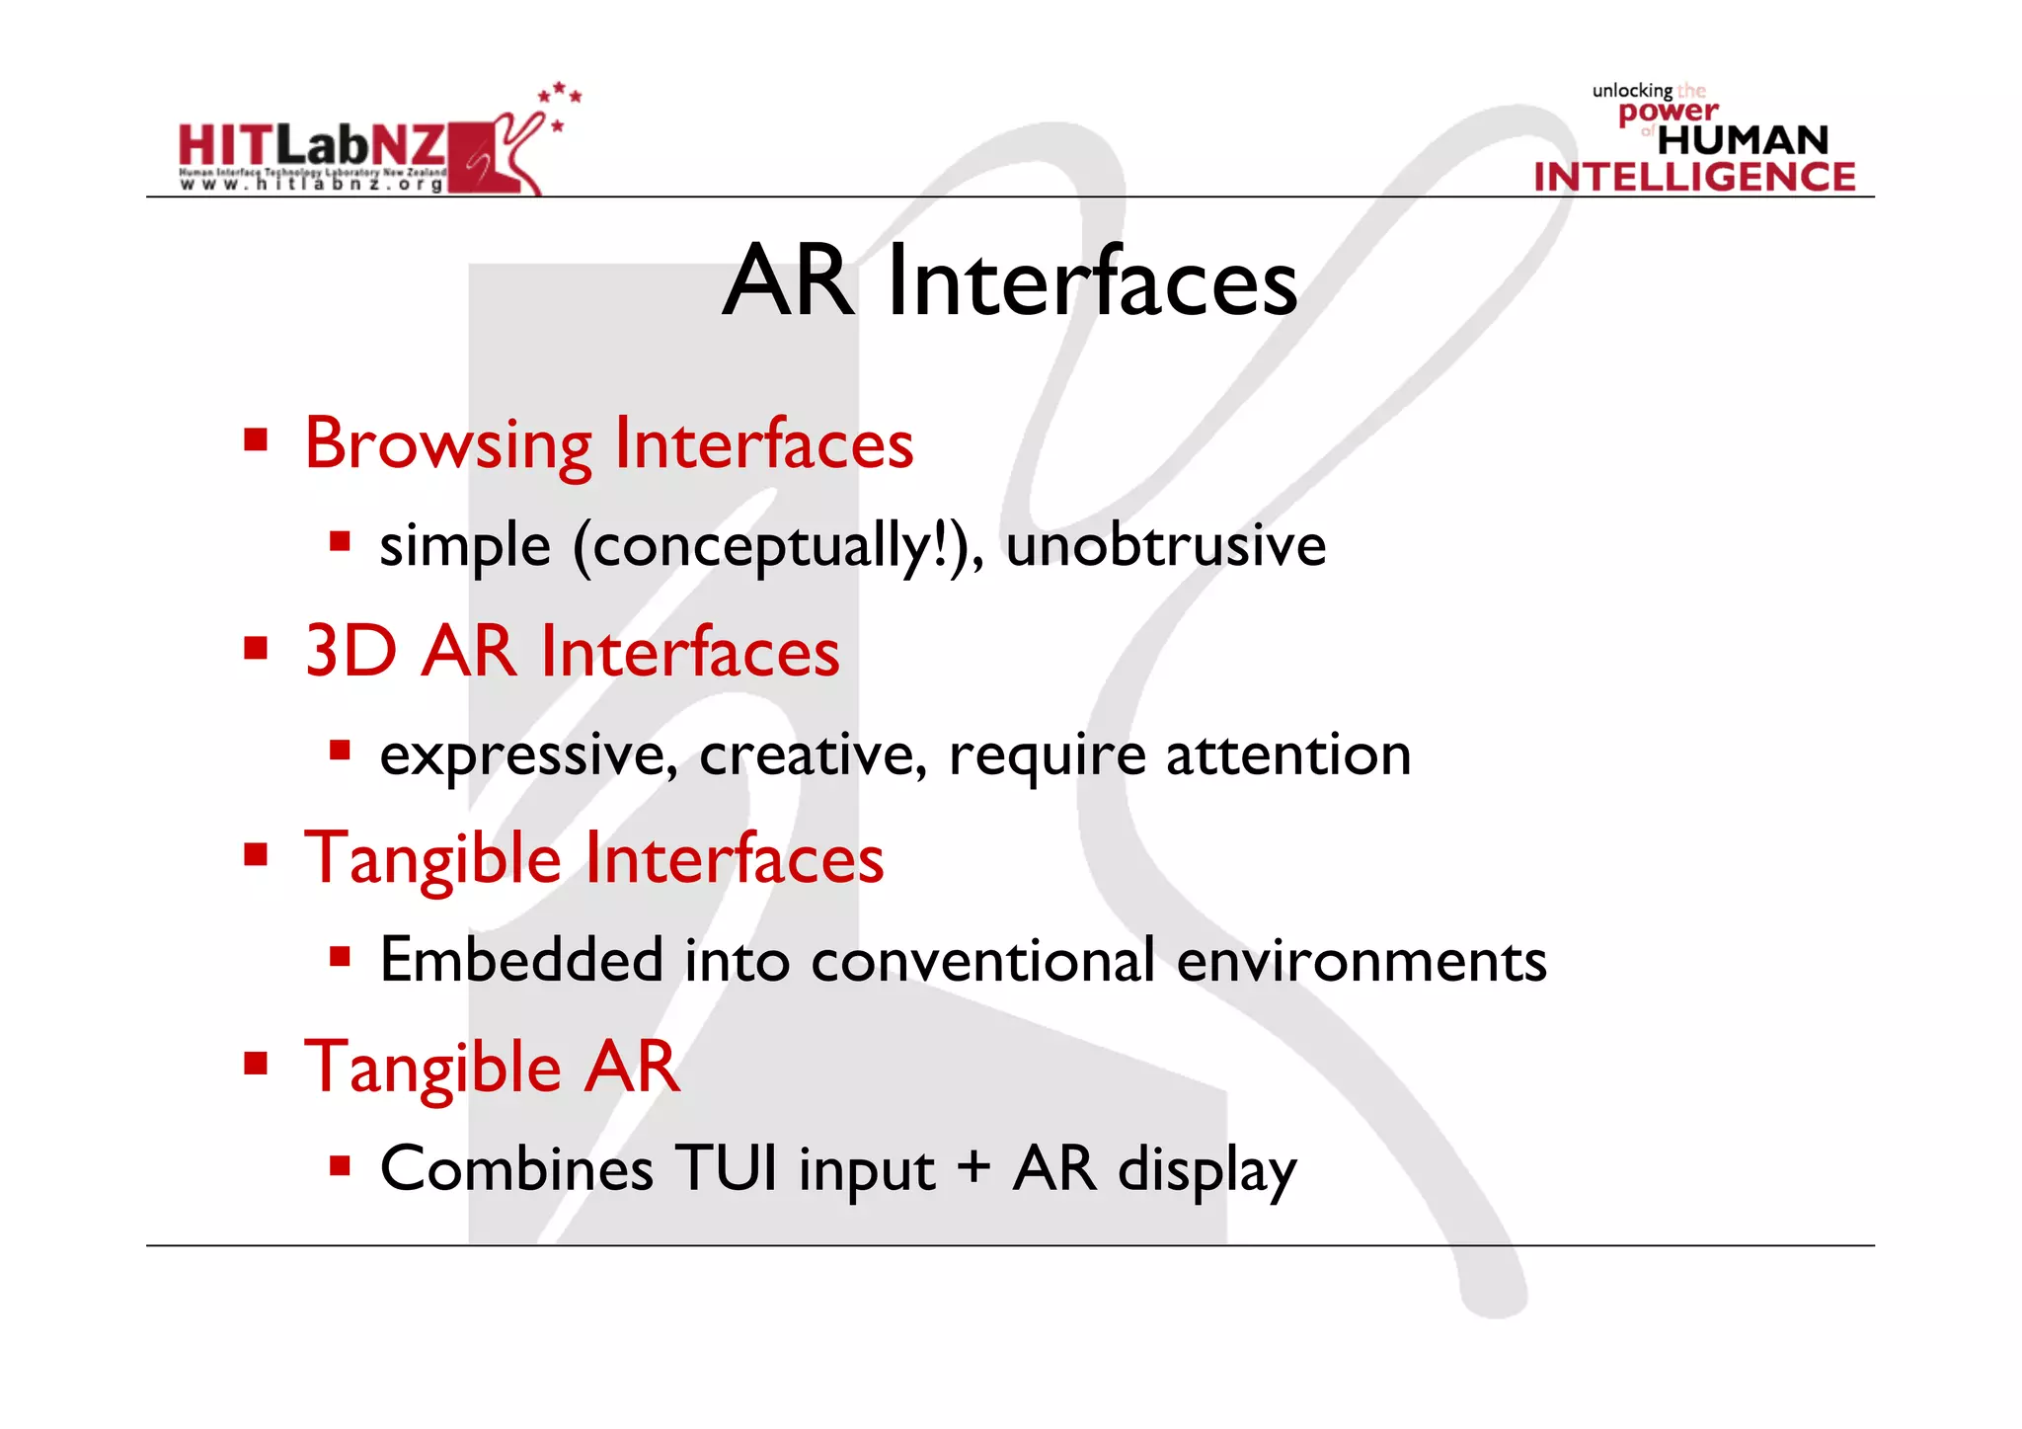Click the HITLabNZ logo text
pos(312,146)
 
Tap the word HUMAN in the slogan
pos(1743,140)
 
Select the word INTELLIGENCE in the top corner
pos(1694,178)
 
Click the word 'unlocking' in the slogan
pos(1632,91)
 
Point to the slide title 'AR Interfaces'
pos(1010,282)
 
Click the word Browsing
pos(448,444)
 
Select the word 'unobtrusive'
pos(1165,545)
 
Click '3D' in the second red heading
pos(350,652)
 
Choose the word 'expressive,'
pos(529,756)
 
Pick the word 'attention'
pos(1288,754)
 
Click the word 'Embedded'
pos(521,960)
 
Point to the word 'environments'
pos(1361,960)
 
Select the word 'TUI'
pos(727,1168)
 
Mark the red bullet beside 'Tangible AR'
pos(257,1064)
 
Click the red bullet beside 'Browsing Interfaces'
pos(257,438)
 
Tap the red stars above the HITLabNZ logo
pos(560,95)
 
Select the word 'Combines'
pos(516,1169)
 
